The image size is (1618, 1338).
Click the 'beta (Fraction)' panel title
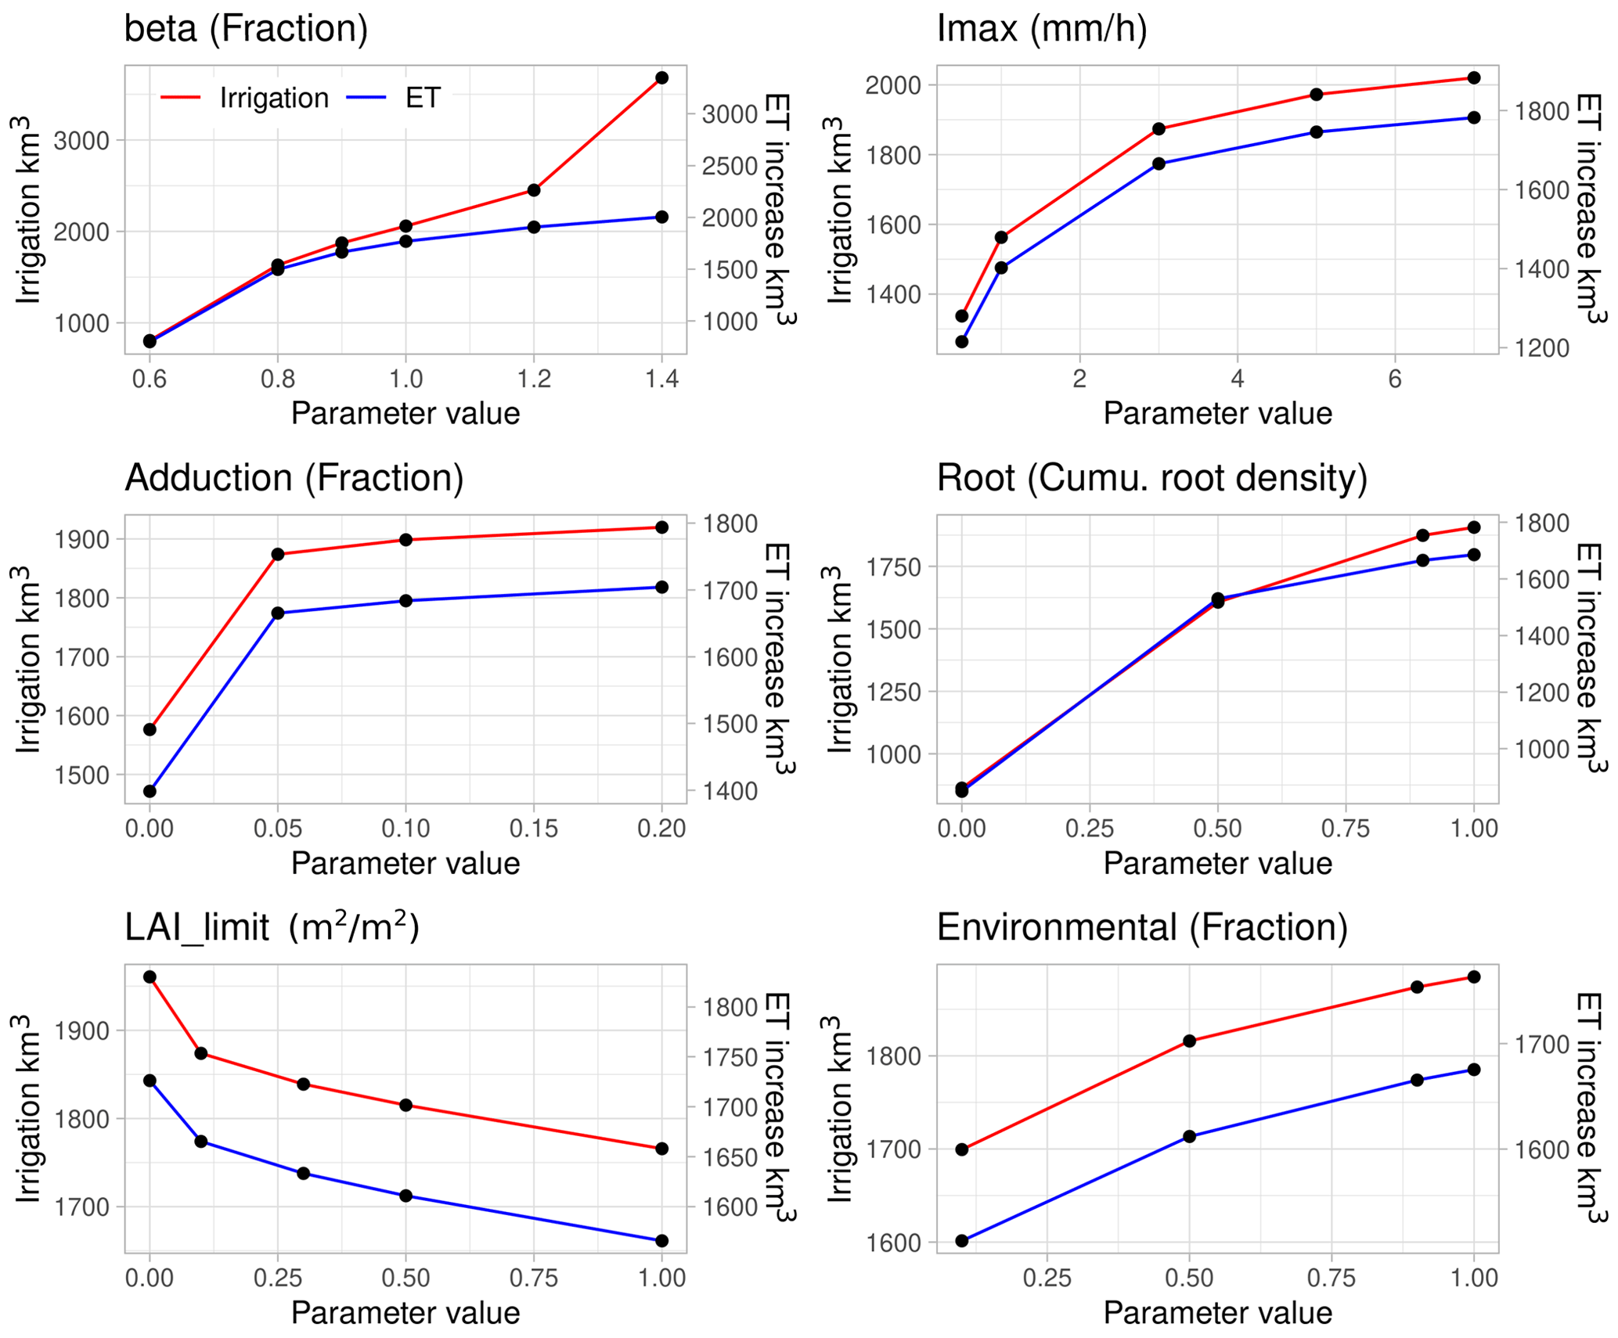click(x=246, y=30)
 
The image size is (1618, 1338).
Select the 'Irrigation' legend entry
click(x=274, y=98)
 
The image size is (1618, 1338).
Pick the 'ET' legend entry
click(x=423, y=98)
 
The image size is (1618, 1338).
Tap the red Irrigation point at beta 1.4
click(x=661, y=77)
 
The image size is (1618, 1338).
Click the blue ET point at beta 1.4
click(x=661, y=217)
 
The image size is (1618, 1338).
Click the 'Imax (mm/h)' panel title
click(x=1041, y=30)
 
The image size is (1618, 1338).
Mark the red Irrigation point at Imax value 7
click(x=1474, y=77)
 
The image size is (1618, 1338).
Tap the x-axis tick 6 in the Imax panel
click(x=1395, y=379)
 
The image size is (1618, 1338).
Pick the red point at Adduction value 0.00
click(x=150, y=729)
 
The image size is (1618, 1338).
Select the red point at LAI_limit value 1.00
click(x=661, y=1149)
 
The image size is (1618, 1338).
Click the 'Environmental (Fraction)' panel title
click(x=1142, y=927)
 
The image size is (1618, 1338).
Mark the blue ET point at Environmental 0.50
click(x=1189, y=1136)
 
